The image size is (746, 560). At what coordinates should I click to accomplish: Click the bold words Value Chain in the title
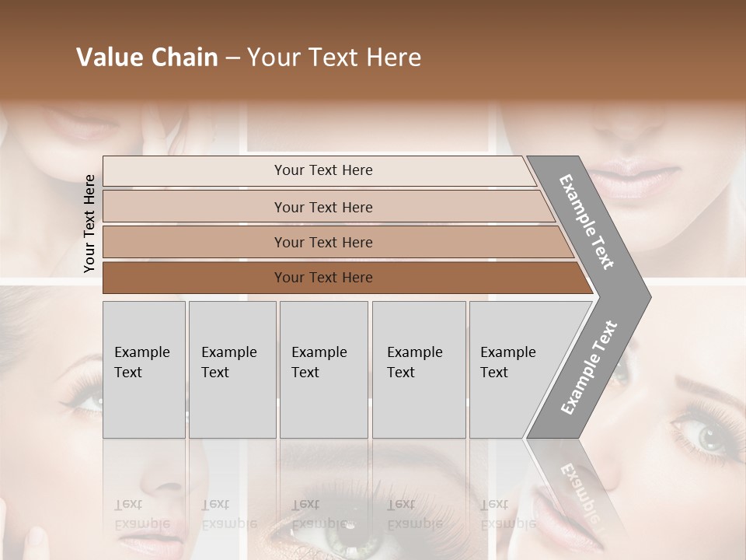click(x=147, y=58)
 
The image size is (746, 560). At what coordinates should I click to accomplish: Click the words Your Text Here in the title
click(x=334, y=58)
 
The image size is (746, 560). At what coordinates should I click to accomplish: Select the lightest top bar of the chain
click(x=323, y=170)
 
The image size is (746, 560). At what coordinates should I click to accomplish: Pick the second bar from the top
click(x=323, y=207)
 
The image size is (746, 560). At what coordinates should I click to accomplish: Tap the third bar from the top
click(x=323, y=242)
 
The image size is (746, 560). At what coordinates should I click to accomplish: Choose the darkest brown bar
click(x=323, y=278)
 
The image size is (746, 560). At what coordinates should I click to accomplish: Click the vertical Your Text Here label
click(x=89, y=223)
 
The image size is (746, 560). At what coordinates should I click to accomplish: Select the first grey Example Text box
click(x=144, y=369)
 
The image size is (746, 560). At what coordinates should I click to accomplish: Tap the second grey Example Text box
click(x=232, y=369)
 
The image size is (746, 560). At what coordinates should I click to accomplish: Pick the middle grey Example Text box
click(x=323, y=369)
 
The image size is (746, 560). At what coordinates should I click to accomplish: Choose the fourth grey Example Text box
click(x=418, y=369)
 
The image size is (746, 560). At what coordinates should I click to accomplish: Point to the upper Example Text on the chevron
click(x=587, y=222)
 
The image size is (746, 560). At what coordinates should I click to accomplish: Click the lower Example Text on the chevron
click(x=589, y=367)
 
